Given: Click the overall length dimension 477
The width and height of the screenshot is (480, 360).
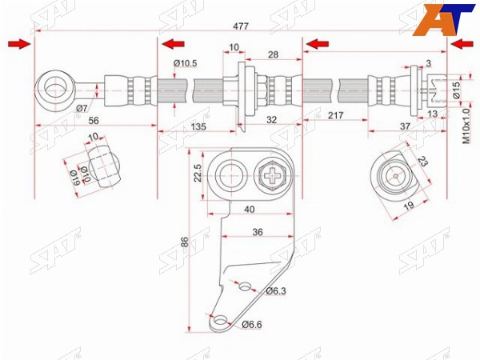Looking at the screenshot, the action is (241, 26).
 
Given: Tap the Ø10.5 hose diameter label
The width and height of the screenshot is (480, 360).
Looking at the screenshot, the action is (186, 64).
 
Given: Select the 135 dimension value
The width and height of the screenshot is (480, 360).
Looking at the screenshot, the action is (198, 126).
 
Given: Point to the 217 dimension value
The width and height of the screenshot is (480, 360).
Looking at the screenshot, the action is (336, 115).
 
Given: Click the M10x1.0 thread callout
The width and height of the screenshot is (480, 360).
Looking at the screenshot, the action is (466, 126).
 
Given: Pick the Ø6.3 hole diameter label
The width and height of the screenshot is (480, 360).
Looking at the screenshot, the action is (276, 291).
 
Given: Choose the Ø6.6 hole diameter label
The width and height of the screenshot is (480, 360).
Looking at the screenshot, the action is (252, 325).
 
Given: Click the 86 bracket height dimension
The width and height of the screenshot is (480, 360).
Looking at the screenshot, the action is (186, 242).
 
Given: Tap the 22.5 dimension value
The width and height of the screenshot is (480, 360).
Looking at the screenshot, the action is (198, 173).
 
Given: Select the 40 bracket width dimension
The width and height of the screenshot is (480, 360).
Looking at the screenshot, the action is (250, 210).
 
